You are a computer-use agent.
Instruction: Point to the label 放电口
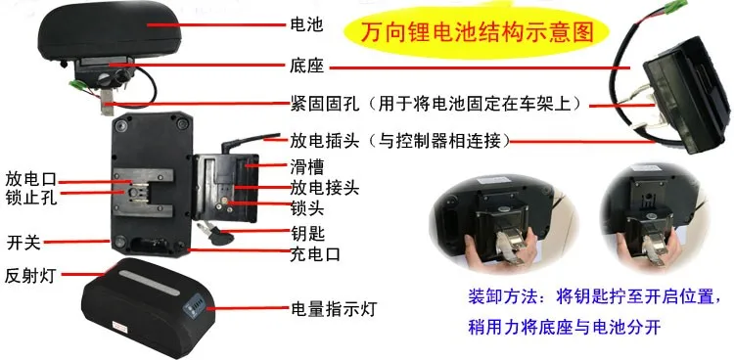click(28, 179)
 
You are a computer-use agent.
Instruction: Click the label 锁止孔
click(28, 199)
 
